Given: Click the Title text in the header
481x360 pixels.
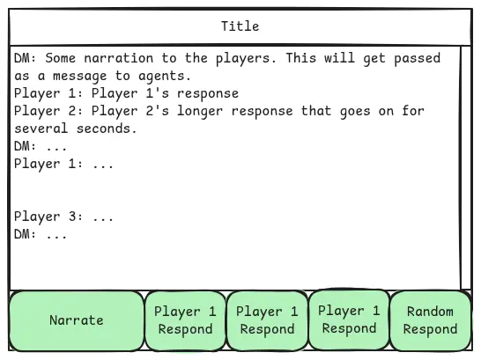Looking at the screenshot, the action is [240, 26].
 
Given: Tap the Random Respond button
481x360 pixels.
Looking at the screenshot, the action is [430, 320].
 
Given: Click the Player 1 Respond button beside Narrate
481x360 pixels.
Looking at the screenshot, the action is [185, 320].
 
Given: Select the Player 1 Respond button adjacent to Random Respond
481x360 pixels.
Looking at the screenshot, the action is [349, 320].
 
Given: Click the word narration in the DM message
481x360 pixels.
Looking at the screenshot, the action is [118, 58].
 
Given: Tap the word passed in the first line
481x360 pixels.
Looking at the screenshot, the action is [418, 58].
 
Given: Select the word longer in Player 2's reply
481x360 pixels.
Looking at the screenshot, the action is [200, 111].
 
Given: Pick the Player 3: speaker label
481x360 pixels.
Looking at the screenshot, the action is [48, 217].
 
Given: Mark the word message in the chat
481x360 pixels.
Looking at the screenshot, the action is [80, 77].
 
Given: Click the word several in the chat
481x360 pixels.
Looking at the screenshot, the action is [41, 129].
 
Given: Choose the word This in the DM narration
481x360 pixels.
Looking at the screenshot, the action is [301, 58].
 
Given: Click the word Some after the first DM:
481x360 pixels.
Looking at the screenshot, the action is [61, 58].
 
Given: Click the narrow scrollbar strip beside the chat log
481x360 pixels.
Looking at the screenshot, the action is [465, 168].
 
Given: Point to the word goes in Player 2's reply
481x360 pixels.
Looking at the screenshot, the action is [355, 112].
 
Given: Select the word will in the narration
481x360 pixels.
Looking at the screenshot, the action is [339, 58].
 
